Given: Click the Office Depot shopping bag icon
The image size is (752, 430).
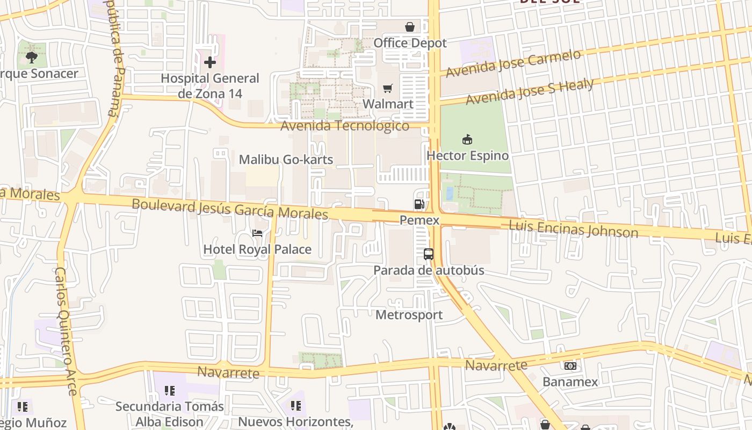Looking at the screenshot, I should pos(410,27).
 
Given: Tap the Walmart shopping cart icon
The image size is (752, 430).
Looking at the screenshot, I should pos(388,88).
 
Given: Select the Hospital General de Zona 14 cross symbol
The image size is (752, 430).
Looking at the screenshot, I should pos(210,62).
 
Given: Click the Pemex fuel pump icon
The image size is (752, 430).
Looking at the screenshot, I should pos(419,204).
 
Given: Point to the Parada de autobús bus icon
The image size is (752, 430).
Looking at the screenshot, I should pos(429,254).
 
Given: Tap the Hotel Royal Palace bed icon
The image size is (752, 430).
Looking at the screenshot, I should pos(257,233).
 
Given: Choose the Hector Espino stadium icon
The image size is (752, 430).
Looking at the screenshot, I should pos(467,140).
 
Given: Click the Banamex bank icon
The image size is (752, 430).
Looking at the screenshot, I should pos(570,366).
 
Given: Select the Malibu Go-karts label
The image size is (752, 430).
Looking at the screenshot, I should pos(286,160).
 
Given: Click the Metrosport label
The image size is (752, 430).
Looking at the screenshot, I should pos(409,315).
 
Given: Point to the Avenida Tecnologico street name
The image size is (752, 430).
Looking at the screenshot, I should pos(345,126).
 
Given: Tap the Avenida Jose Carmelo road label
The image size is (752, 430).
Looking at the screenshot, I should pos(514,64).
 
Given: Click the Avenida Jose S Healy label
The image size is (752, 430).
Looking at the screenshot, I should pos(530,92).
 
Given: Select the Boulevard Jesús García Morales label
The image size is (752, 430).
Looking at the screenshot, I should pos(230,209).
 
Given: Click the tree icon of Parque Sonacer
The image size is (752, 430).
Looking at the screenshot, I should pos(32,57).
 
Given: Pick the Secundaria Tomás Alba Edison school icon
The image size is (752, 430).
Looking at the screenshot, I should pos(170,391).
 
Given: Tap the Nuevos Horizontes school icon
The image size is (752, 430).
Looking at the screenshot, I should pos(295,406).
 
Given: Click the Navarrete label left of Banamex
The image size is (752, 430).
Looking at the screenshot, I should pos(496,365).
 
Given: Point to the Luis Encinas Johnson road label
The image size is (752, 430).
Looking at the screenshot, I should pos(573,228).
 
